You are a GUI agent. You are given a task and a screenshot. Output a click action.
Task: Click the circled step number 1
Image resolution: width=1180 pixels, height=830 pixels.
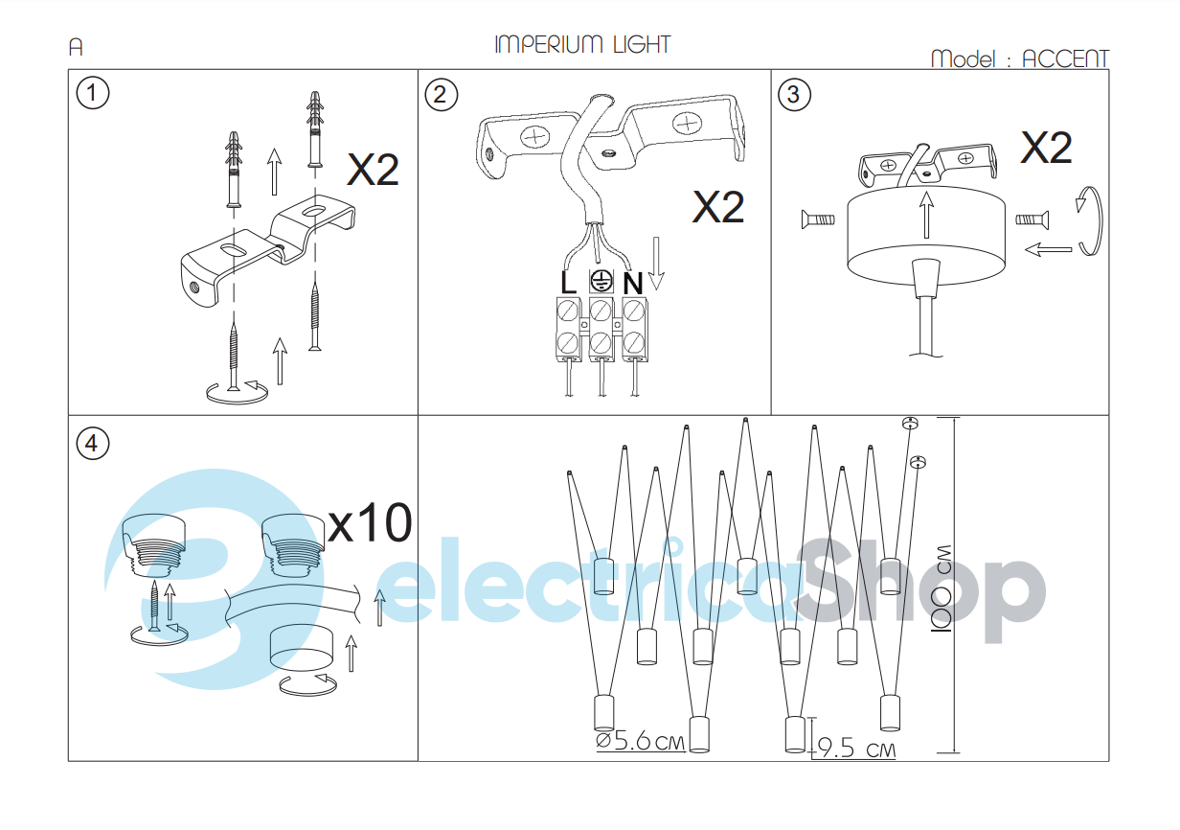click(93, 93)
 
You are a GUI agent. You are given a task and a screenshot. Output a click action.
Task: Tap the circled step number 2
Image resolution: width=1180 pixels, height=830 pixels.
click(441, 95)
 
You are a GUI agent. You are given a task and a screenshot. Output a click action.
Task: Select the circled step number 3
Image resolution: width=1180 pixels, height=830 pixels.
click(794, 95)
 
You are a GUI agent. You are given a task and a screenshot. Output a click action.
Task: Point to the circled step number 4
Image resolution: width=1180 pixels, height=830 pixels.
click(93, 444)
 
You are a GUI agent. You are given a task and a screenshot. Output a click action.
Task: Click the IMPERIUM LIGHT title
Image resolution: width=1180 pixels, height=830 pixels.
click(582, 45)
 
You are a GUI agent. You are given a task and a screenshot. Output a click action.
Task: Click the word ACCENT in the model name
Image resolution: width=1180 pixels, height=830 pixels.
click(1065, 59)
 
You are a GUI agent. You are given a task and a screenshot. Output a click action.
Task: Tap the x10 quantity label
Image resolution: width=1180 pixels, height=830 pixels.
click(370, 522)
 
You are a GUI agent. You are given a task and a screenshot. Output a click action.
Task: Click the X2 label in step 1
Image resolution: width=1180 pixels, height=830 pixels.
click(373, 170)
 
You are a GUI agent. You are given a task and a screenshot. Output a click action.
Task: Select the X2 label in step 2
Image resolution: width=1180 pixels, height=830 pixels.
click(718, 207)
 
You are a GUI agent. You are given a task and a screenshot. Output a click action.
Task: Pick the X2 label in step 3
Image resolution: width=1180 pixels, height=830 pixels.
click(1046, 148)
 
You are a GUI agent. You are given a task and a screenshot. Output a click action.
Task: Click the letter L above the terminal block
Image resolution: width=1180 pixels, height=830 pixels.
click(568, 283)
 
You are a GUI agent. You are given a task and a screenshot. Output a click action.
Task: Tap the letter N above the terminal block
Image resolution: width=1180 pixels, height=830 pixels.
click(633, 284)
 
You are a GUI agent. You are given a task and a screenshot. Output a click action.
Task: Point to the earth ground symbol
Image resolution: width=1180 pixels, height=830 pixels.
click(601, 281)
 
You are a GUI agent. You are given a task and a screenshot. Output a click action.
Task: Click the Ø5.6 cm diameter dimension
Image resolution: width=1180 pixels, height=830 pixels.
click(641, 742)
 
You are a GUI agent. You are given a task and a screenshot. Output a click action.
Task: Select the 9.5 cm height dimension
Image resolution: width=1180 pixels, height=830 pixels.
click(856, 748)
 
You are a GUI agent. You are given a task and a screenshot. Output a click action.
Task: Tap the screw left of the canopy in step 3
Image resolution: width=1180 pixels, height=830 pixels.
click(818, 219)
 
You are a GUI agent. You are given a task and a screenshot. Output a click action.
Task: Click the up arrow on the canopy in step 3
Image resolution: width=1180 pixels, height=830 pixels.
click(926, 215)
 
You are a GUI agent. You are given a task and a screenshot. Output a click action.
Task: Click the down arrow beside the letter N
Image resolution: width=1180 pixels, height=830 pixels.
click(656, 263)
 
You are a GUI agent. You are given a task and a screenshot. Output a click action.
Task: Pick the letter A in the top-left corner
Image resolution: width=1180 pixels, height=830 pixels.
click(76, 47)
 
